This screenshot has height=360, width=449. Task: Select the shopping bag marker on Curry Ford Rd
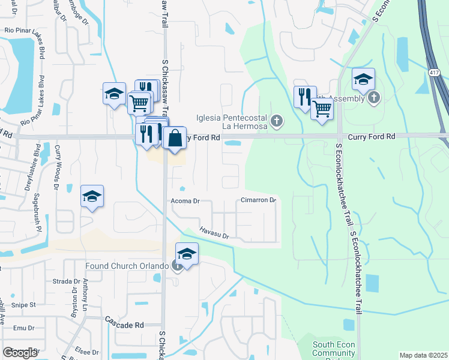174,138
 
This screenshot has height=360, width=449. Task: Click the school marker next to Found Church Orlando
187,254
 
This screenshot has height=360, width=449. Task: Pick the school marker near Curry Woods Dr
92,197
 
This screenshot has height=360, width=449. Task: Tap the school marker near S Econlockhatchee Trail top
363,80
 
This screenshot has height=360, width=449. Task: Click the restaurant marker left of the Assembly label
304,96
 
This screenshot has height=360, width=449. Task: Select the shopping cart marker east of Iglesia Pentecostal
322,109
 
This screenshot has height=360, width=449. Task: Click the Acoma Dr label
184,202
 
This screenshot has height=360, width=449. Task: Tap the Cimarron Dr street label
258,200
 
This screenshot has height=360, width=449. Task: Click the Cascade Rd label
124,325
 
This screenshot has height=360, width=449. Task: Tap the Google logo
20,353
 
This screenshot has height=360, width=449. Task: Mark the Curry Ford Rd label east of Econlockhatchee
382,137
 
